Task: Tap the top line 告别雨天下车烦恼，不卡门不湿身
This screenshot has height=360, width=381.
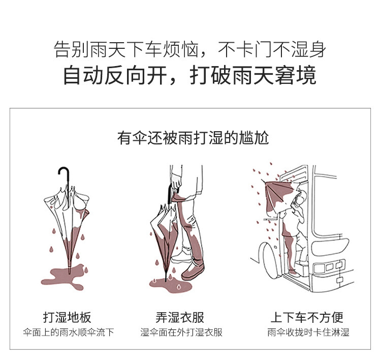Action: point(189,50)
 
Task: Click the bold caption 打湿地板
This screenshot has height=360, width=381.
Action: point(67,318)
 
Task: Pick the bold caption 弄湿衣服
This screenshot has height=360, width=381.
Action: point(180,318)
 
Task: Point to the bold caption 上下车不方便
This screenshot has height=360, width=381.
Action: point(307,318)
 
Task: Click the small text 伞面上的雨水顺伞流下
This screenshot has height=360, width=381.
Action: point(68,333)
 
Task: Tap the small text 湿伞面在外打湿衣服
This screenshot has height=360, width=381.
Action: point(181,333)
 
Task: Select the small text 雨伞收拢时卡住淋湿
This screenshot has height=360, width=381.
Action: point(308,333)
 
